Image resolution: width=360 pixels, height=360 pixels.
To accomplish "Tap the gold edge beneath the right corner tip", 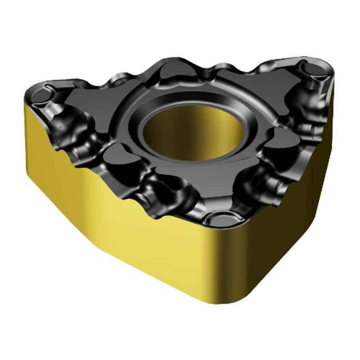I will click(x=333, y=90).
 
